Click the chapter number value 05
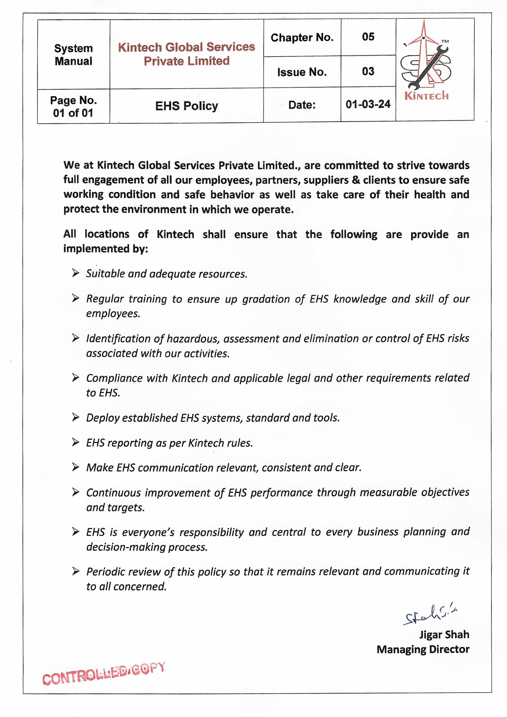point(368,37)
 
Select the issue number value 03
point(368,72)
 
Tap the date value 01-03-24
point(368,104)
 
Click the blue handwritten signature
point(430,615)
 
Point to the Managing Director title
point(423,649)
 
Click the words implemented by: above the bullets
point(105,249)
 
